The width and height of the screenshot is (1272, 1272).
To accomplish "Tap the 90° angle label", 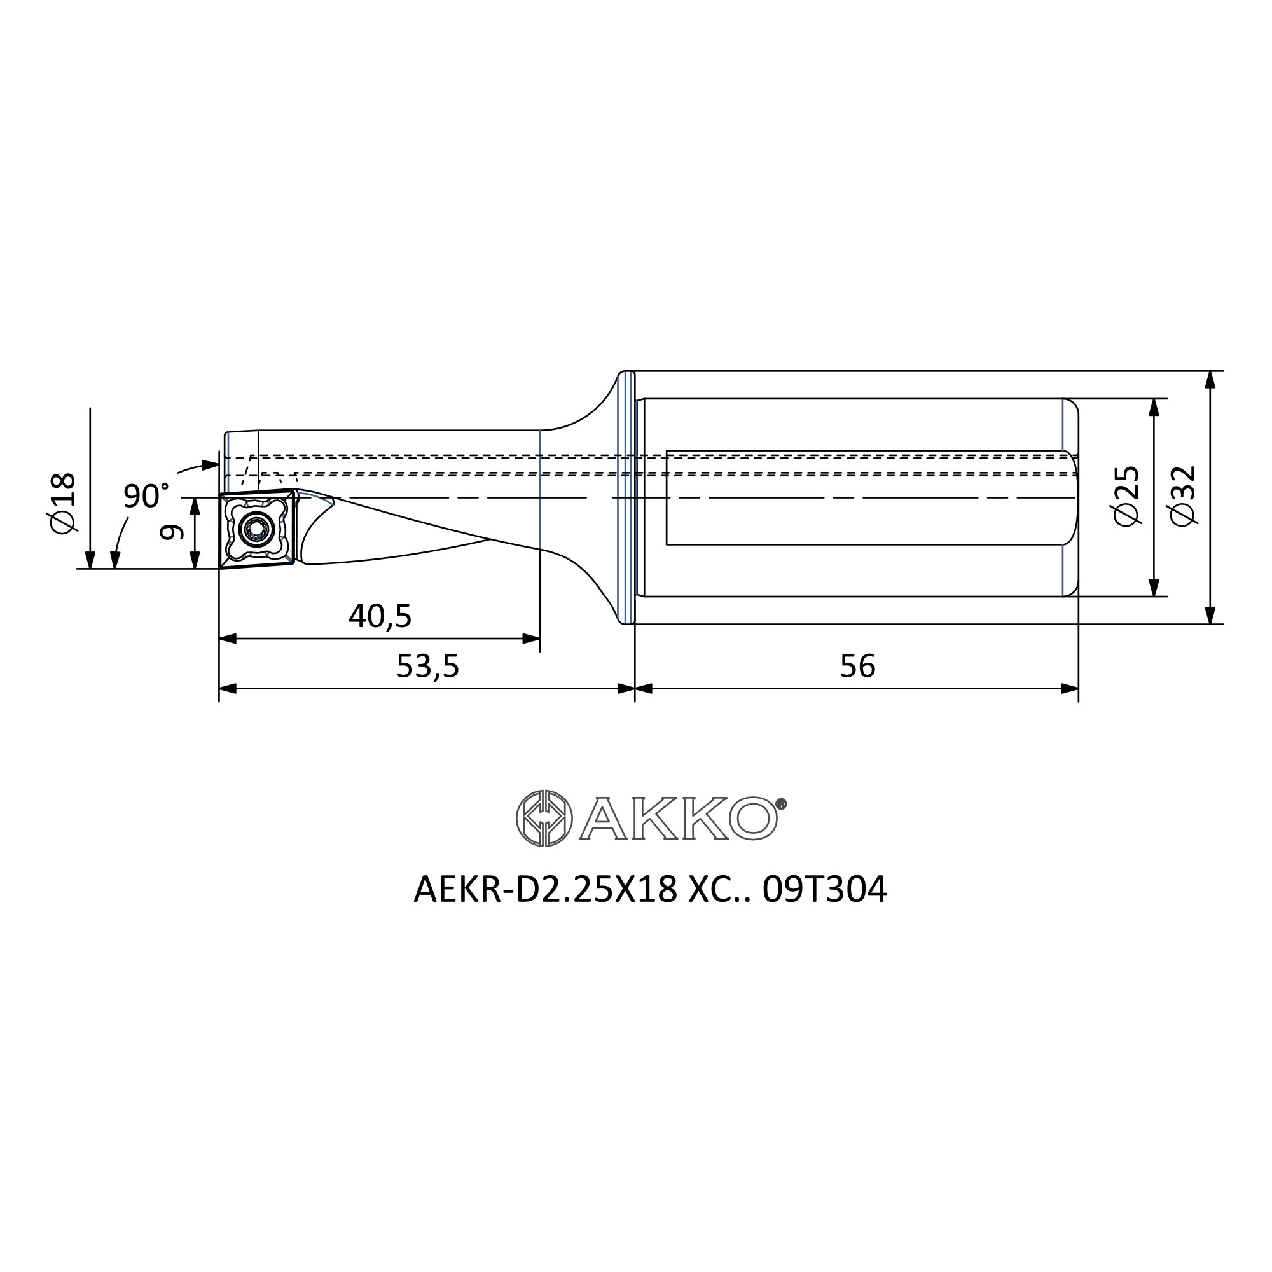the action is point(146,496).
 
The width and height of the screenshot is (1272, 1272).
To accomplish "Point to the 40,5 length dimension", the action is point(380,616).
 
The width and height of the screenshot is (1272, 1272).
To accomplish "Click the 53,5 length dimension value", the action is point(427,667).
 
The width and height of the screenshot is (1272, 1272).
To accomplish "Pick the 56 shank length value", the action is point(857,667).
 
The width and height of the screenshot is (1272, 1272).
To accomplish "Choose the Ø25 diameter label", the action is point(1126,496).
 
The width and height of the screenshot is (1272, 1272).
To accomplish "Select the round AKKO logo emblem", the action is point(544,818).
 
